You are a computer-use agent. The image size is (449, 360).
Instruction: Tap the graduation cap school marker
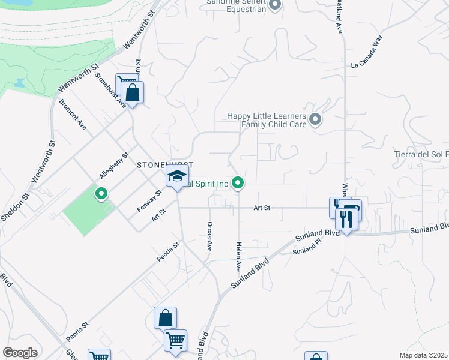pos(177,176)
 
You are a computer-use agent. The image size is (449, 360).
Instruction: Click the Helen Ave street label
pos(239,257)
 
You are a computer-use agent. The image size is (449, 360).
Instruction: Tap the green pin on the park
pos(101,193)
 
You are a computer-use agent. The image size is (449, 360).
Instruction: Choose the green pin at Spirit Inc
pos(238,183)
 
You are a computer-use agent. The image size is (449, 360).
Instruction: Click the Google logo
pos(20,352)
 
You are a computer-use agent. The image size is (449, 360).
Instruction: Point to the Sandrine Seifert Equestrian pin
pos(275,6)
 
